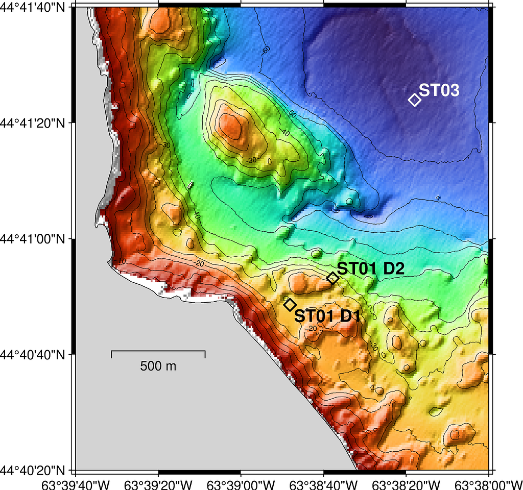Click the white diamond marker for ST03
[415, 100]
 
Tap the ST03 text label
[439, 91]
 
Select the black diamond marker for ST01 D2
[332, 278]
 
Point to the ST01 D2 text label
[371, 269]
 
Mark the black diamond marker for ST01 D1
[290, 305]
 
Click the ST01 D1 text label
[327, 316]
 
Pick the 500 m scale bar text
[158, 366]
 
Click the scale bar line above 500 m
[158, 351]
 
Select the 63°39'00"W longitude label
[241, 483]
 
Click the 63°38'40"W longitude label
[324, 483]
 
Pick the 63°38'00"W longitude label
[488, 483]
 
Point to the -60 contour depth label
[265, 51]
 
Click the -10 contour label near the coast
[120, 261]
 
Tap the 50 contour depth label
[292, 114]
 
